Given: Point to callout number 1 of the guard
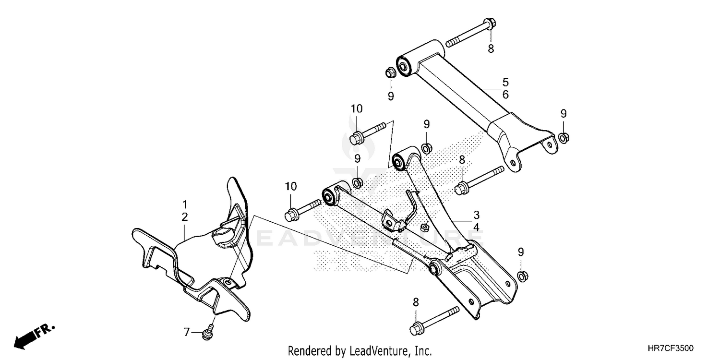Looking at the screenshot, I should (x=185, y=204).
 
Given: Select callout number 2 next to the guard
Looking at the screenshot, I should (x=185, y=217).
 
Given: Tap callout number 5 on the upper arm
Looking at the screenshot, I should (x=505, y=82).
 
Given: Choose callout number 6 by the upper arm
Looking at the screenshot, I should (x=505, y=95).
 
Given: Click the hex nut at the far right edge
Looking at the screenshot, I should (x=564, y=138).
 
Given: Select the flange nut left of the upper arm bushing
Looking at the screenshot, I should (x=390, y=73).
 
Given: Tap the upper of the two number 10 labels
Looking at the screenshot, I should (x=356, y=109).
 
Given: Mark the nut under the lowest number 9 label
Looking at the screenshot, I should (x=522, y=276).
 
